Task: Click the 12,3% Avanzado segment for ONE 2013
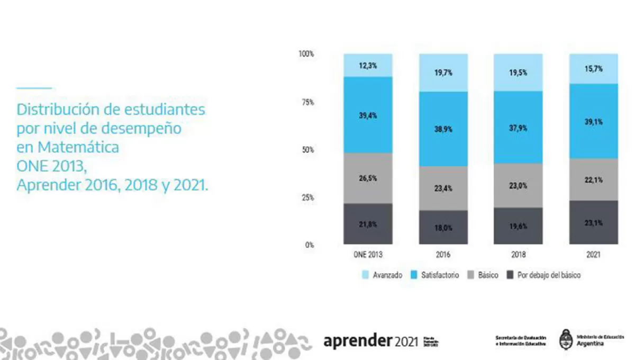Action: (x=368, y=66)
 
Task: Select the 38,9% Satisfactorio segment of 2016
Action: (x=443, y=129)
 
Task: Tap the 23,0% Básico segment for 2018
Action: (x=519, y=186)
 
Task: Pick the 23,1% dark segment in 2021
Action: (x=594, y=222)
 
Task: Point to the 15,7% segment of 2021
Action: (x=594, y=69)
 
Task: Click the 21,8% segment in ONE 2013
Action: (x=368, y=224)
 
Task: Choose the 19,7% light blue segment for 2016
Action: (x=443, y=73)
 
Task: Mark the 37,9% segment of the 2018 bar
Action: (x=519, y=127)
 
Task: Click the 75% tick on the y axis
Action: (x=307, y=102)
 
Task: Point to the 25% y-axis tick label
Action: (x=307, y=197)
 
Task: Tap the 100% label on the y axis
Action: (x=306, y=54)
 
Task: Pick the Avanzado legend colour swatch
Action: (x=365, y=275)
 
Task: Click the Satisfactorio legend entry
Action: (x=440, y=275)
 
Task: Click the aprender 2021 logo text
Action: (x=370, y=341)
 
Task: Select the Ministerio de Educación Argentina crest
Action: (x=565, y=339)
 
